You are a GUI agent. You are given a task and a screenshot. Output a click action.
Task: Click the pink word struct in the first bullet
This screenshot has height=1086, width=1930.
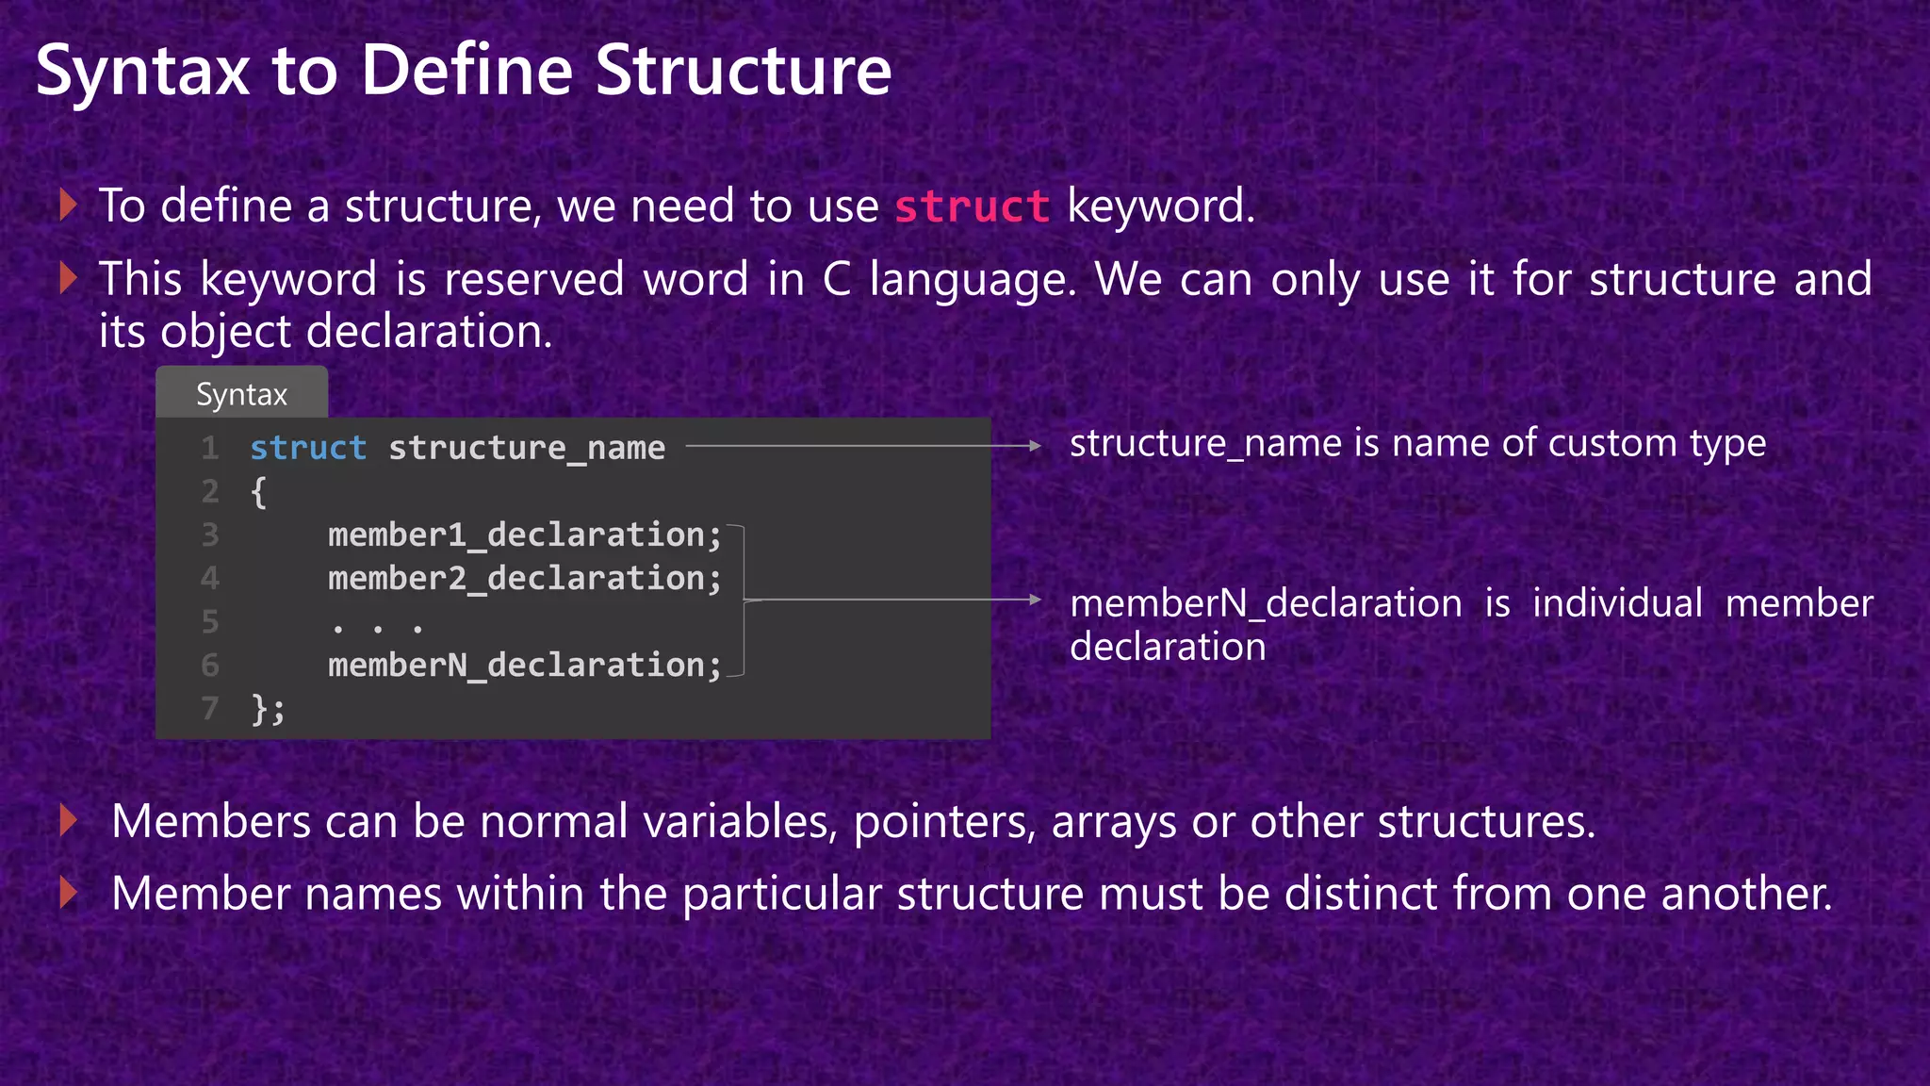click(x=972, y=206)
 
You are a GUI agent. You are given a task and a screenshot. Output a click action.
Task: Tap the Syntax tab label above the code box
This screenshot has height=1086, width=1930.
click(x=241, y=394)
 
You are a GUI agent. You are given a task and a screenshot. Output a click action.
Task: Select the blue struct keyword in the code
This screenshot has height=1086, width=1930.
click(x=308, y=448)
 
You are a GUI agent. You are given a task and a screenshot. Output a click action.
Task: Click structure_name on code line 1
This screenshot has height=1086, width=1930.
click(x=527, y=448)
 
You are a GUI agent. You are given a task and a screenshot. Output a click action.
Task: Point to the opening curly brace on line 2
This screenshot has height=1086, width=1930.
click(x=258, y=492)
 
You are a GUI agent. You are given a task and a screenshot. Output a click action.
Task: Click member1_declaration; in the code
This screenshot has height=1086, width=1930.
click(x=524, y=535)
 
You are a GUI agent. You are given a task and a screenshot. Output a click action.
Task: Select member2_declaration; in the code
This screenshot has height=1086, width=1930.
click(x=524, y=579)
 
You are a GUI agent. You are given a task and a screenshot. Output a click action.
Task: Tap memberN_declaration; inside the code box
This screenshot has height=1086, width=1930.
click(x=524, y=666)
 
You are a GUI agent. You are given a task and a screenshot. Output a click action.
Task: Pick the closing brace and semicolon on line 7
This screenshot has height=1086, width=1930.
click(x=268, y=709)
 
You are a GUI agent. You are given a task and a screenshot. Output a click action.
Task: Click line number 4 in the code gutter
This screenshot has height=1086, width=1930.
click(x=210, y=579)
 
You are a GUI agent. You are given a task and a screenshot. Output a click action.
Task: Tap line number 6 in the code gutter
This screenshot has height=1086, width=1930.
click(x=210, y=666)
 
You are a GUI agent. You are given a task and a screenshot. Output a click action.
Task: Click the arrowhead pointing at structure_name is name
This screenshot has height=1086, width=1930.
click(x=1035, y=446)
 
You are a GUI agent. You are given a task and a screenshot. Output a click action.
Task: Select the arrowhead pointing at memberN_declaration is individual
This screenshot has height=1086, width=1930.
click(x=1035, y=600)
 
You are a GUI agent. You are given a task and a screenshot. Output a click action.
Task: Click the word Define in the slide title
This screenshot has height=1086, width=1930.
click(x=467, y=71)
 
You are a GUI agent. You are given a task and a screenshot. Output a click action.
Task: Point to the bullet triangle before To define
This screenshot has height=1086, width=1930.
click(x=67, y=205)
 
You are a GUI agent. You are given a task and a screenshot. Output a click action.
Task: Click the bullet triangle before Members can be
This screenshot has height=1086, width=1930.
click(x=67, y=820)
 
